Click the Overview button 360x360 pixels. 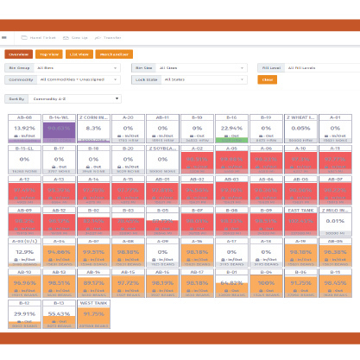(19, 54)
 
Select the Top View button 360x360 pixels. (47, 54)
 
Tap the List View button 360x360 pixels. (78, 54)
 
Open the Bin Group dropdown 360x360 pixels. (83, 66)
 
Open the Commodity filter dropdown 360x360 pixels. (83, 79)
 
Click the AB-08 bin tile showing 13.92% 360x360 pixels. (24, 128)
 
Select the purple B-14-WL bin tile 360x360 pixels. (59, 128)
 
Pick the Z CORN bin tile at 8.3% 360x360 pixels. (93, 128)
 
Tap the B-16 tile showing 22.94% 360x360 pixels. (231, 128)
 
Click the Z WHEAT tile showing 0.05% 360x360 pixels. (300, 128)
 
